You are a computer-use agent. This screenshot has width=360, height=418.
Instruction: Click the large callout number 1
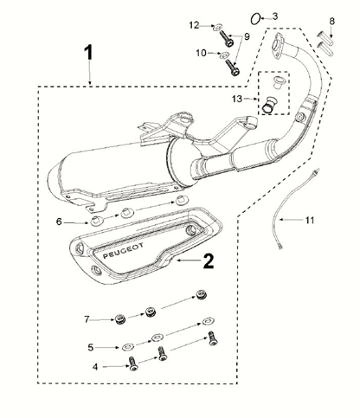(x=88, y=52)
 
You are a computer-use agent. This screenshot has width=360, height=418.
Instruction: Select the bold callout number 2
(x=209, y=261)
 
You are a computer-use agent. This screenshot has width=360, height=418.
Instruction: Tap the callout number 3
(x=275, y=16)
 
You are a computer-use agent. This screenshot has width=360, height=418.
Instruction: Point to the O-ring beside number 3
(x=255, y=19)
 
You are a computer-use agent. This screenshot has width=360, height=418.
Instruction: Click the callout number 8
(x=332, y=21)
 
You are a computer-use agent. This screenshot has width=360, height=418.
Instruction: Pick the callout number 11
(x=310, y=221)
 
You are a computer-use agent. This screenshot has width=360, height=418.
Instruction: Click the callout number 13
(x=237, y=99)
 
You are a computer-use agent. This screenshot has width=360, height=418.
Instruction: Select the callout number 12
(x=194, y=25)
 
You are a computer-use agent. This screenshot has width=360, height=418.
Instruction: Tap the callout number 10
(x=201, y=53)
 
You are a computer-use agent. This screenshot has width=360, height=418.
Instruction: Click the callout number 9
(x=247, y=36)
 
